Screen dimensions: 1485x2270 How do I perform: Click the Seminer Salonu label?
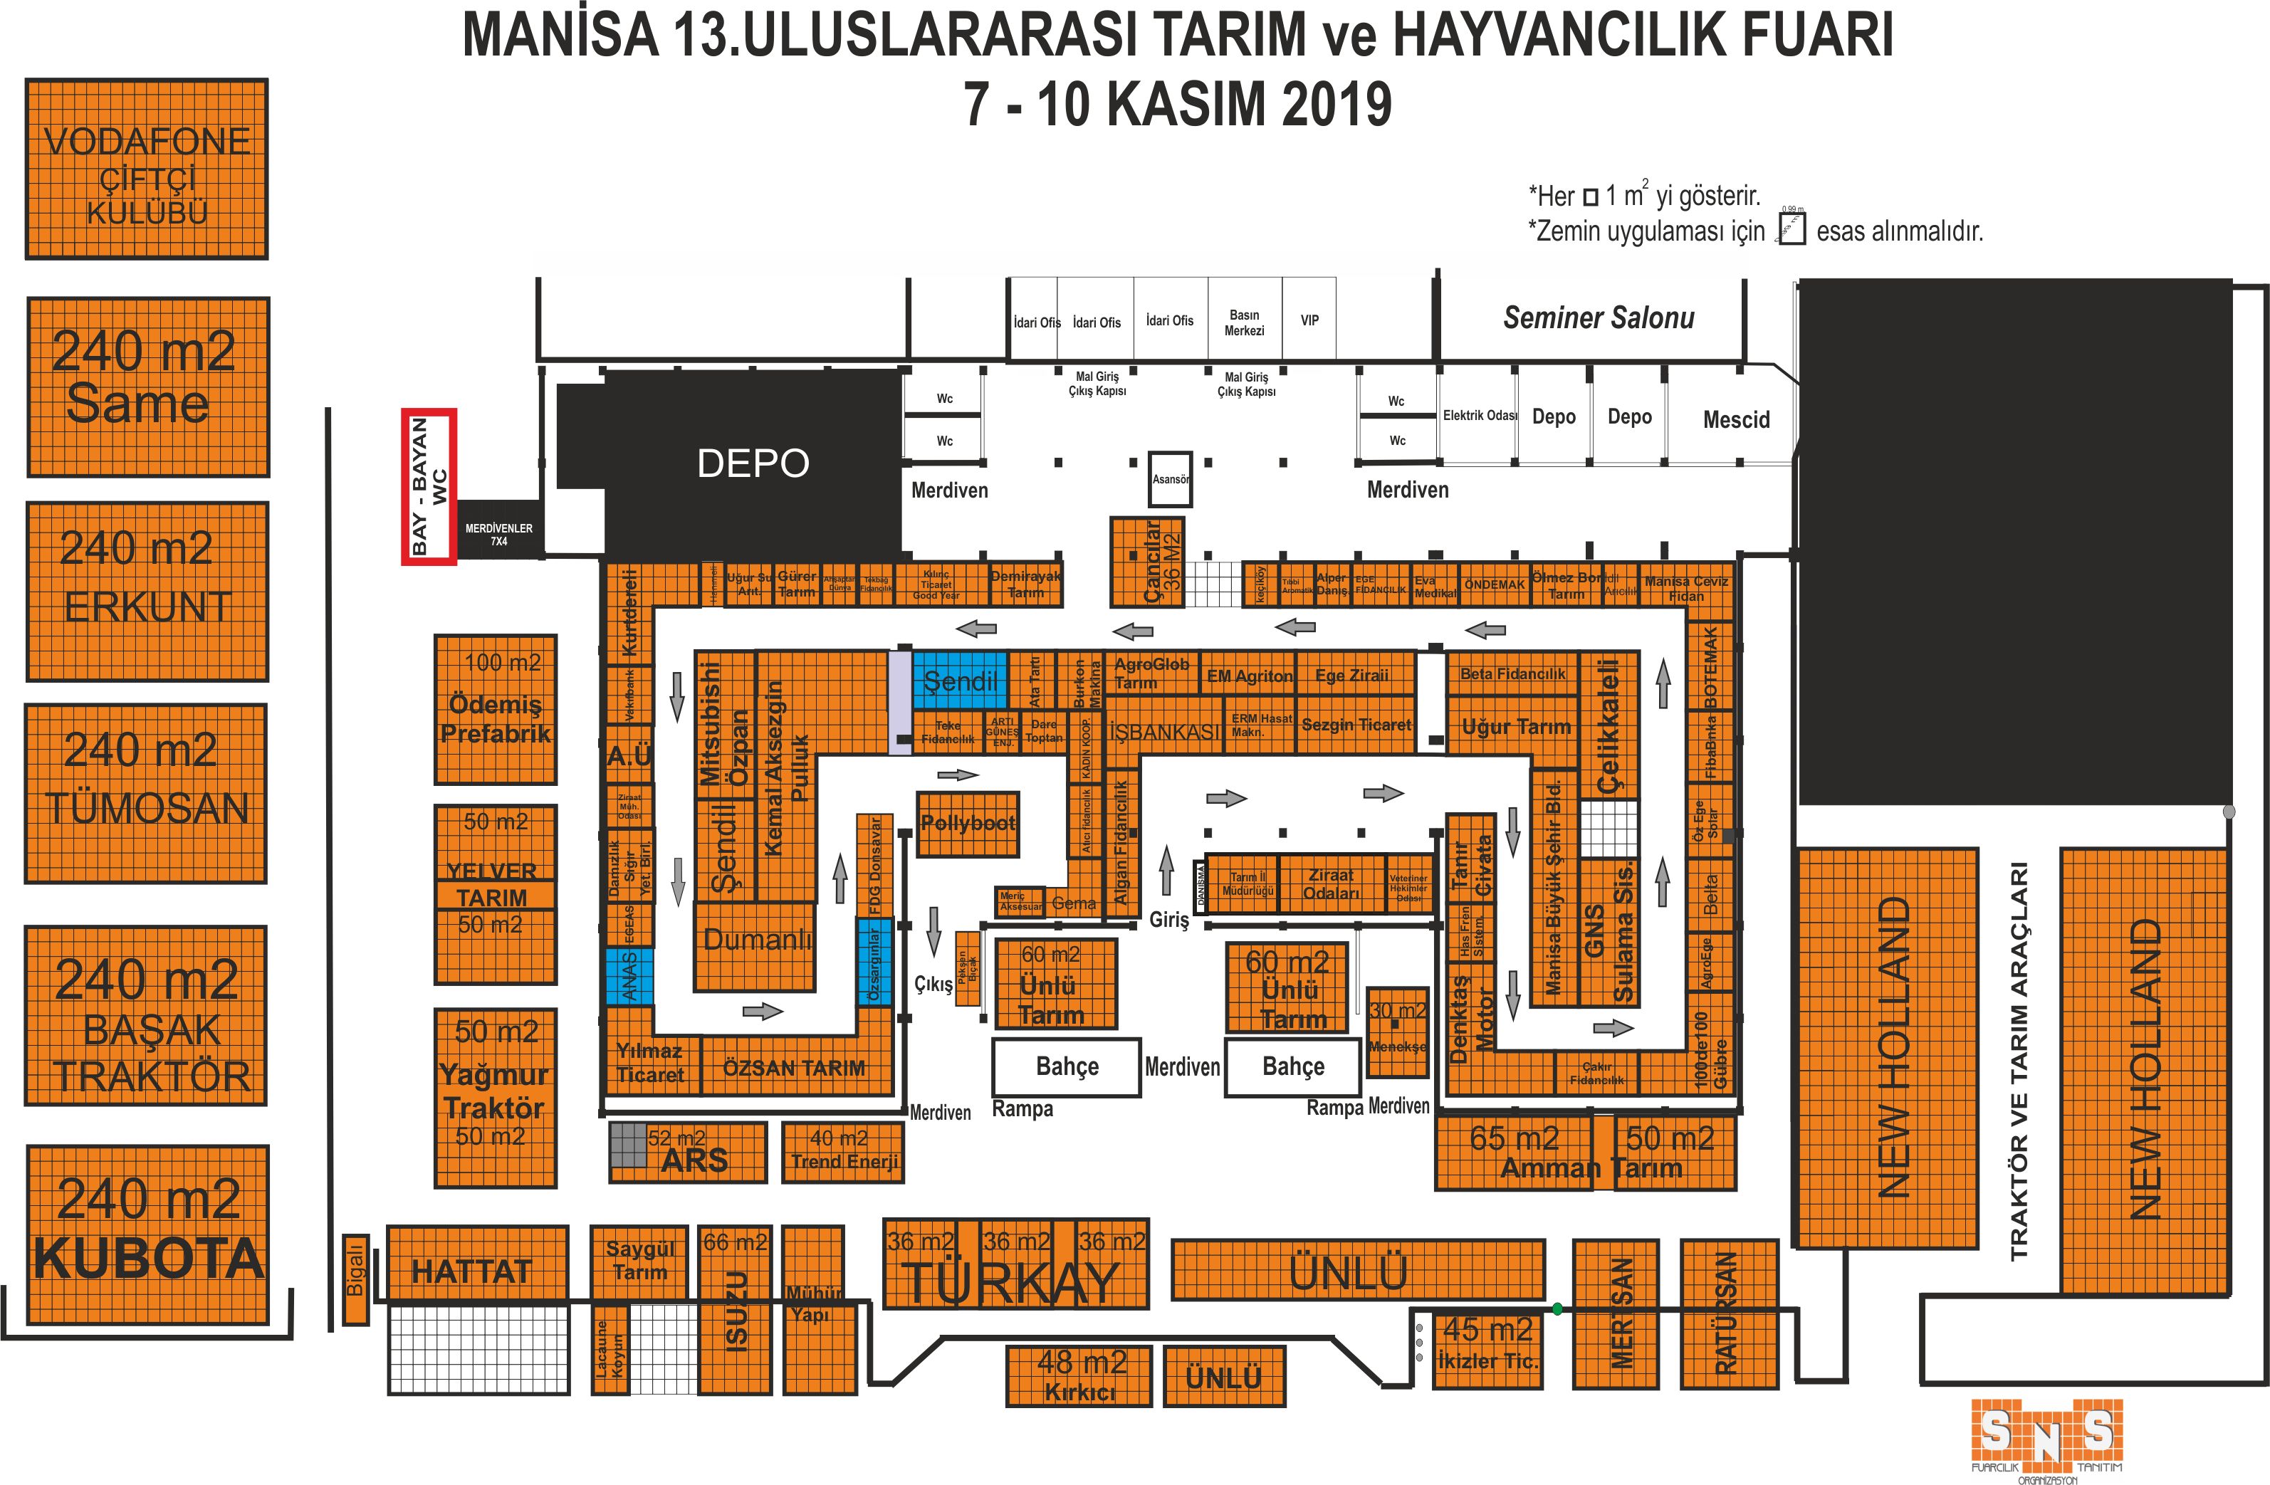[x=1599, y=318]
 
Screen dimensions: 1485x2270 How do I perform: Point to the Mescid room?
[x=1735, y=419]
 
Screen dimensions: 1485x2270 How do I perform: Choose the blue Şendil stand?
[x=960, y=680]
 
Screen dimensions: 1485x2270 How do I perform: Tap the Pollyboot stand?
[x=967, y=823]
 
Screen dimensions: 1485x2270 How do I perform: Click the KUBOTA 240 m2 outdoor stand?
[x=148, y=1235]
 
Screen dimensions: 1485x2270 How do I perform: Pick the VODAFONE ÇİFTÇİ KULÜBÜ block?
[x=146, y=169]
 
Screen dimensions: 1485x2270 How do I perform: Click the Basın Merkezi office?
[x=1244, y=321]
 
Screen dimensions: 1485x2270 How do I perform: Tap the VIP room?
[x=1309, y=320]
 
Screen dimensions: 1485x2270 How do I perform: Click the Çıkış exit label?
[x=932, y=983]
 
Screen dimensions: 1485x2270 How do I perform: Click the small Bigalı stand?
[x=355, y=1279]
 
